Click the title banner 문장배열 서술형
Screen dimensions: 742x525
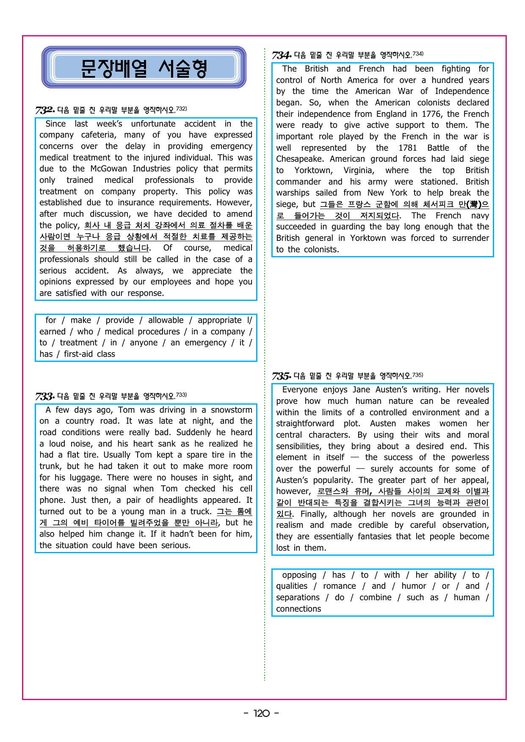point(144,68)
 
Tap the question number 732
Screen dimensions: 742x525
point(45,110)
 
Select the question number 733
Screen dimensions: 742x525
point(45,397)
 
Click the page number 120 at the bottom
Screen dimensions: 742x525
point(262,714)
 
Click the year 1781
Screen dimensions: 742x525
point(407,148)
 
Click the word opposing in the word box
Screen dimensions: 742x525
point(299,575)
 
